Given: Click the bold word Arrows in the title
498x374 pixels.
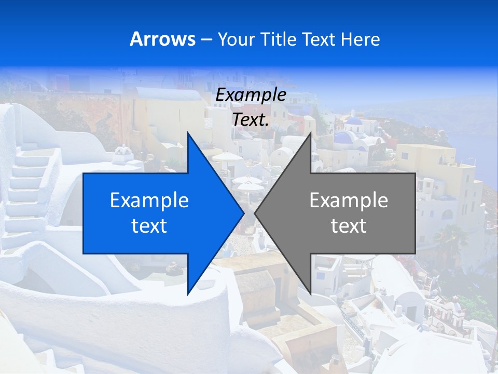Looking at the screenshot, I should coord(162,39).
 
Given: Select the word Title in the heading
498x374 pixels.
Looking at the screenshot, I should coord(281,39).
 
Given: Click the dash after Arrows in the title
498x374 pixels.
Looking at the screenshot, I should coord(206,39).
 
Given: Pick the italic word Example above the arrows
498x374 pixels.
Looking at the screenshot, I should coord(251,95).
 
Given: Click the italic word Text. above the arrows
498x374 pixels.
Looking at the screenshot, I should coord(251,119).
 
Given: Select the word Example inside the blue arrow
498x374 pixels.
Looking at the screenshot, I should coord(149,201).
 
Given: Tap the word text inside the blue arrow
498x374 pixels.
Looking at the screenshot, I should coord(149,226).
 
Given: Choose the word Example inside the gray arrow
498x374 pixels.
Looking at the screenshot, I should coord(349,201).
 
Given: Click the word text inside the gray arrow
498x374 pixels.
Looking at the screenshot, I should coord(349,226).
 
